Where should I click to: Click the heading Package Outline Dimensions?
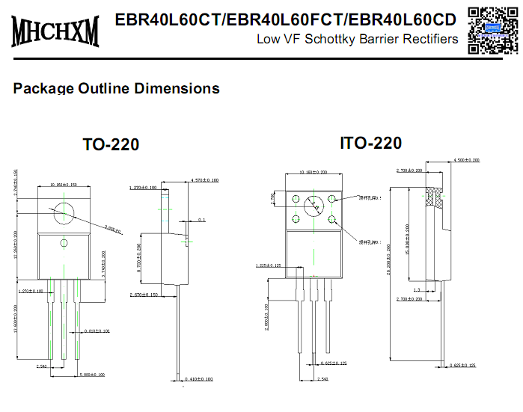pos(116,88)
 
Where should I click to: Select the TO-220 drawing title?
pos(111,144)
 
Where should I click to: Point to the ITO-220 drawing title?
pos(370,143)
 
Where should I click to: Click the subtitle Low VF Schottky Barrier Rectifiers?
pos(357,39)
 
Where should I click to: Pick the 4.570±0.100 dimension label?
pos(205,180)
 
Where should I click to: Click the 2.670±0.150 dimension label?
pos(143,295)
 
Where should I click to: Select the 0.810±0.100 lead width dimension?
pos(97,330)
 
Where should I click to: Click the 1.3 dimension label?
pos(416,289)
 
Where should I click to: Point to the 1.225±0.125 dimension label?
pos(268,265)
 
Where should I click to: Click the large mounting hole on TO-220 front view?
pos(64,212)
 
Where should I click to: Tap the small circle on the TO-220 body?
pos(64,243)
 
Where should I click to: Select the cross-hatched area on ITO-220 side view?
pos(433,197)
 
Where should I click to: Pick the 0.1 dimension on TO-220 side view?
pos(202,220)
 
